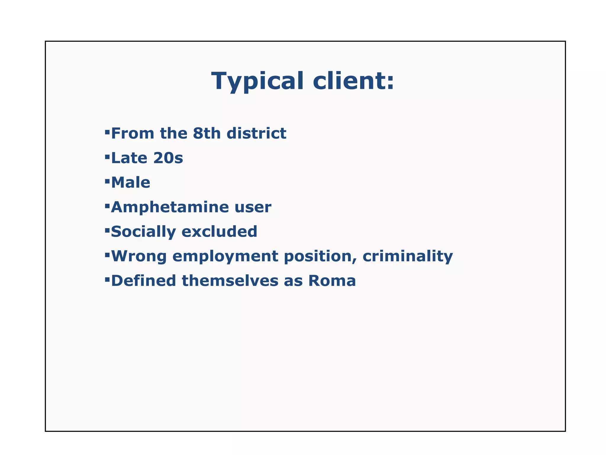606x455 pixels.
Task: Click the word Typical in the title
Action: coord(257,81)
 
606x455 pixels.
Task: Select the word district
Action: coord(256,133)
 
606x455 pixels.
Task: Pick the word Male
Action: coord(130,182)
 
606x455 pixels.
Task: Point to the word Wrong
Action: coord(139,256)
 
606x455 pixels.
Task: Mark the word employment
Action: coord(225,257)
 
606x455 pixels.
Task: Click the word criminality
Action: coord(407,256)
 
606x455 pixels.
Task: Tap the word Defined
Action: coord(144,281)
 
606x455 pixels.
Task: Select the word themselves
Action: coord(230,281)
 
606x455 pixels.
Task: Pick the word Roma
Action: coord(332,281)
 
